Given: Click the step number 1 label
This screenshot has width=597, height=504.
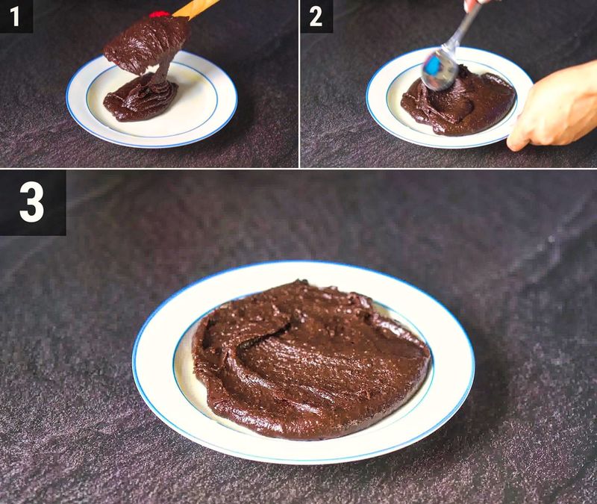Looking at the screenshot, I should click(x=16, y=16).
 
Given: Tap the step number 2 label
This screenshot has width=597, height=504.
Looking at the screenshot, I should click(x=316, y=16).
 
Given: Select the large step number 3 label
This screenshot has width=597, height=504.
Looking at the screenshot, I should click(x=32, y=202).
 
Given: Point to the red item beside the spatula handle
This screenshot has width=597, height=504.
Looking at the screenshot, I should click(x=157, y=13).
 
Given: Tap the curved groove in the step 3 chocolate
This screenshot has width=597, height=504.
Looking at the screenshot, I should click(x=254, y=351).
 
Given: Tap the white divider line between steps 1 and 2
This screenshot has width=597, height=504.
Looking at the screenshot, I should click(x=299, y=82).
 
